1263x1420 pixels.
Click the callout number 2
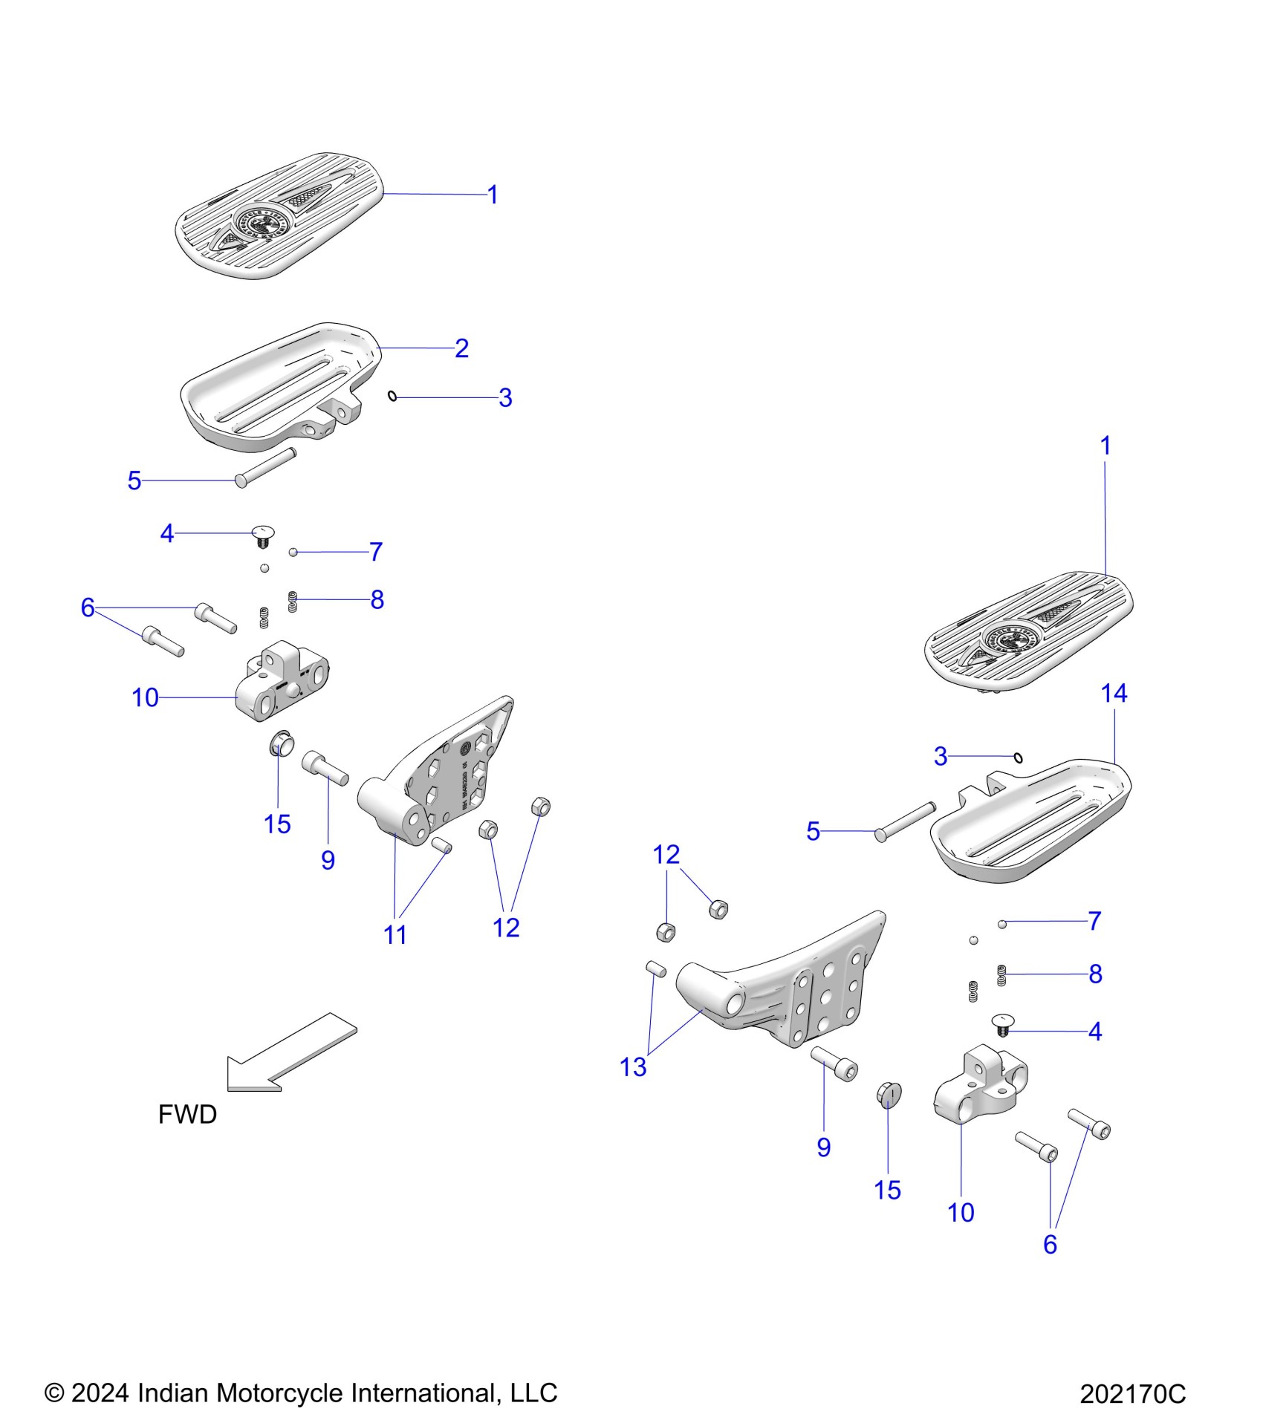(x=461, y=348)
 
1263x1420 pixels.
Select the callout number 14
(x=1114, y=694)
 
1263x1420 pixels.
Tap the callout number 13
(x=633, y=1067)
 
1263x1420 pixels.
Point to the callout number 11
(x=395, y=935)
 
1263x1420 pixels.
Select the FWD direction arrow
(x=290, y=1052)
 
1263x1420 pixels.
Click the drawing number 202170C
(x=1132, y=1394)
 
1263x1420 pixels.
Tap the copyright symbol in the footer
(x=54, y=1393)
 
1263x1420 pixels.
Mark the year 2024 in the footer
(x=101, y=1393)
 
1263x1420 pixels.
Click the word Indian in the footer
(x=175, y=1393)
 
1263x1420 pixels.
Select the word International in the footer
(x=422, y=1393)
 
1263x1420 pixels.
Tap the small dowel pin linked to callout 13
(x=655, y=968)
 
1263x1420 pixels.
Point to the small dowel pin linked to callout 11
(x=441, y=844)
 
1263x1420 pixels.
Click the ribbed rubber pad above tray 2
(x=279, y=215)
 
